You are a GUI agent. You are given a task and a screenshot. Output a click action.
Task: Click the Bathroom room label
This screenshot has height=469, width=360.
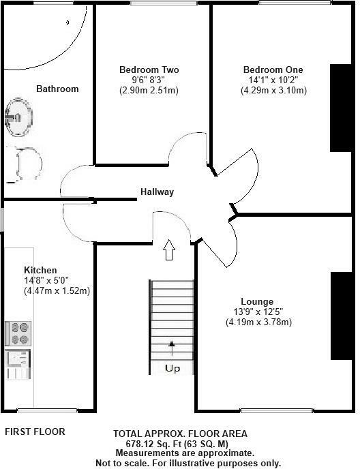pos(57,89)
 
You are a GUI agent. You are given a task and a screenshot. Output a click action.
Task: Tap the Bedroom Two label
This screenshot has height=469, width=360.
pos(149,70)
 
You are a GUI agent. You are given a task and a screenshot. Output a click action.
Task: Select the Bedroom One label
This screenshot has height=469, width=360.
pos(273,70)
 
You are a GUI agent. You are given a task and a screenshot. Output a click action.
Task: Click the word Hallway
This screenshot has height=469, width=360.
pos(157,192)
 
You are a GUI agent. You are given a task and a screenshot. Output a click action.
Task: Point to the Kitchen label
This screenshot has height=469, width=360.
pos(41,270)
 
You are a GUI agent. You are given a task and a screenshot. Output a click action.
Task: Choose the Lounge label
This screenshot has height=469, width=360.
pos(257,301)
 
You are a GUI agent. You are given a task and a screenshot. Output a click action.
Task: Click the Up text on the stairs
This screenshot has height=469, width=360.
pos(172,369)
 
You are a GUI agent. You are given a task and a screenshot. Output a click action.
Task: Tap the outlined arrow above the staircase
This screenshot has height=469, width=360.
pos(170,250)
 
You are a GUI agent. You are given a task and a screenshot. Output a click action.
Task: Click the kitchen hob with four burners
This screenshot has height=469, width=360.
pos(18,333)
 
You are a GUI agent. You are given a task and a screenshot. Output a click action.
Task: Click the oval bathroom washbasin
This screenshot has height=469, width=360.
pos(18,119)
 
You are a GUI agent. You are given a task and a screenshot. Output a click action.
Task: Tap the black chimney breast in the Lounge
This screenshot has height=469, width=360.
pos(340,315)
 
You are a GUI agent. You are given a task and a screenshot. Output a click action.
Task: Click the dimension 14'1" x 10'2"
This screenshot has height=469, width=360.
pos(273,80)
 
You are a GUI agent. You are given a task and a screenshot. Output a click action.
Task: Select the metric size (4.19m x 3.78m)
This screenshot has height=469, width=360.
pos(258,322)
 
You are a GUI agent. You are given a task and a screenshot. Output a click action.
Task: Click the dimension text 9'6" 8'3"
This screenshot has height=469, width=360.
pos(149,80)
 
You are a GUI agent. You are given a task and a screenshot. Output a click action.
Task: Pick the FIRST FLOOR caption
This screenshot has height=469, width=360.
pos(35,432)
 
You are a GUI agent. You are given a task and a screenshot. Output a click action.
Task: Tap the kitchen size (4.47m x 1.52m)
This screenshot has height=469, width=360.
pos(57,290)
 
